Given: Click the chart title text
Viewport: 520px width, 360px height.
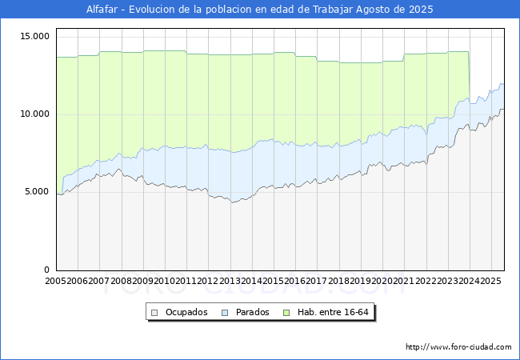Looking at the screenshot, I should (x=260, y=10).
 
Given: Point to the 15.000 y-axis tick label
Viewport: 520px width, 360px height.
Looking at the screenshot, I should (x=35, y=36).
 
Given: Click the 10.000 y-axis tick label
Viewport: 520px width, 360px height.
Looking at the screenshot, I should (x=35, y=114).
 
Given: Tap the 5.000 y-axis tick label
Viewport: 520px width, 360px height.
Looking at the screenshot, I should (x=38, y=192).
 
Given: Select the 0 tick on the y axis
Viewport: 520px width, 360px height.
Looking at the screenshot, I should (x=46, y=270).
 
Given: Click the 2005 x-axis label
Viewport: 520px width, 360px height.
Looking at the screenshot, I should (x=56, y=282).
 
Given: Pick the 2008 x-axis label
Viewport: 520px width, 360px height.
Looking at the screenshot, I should (x=122, y=282).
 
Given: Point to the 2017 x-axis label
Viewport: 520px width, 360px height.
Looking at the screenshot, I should (x=317, y=282).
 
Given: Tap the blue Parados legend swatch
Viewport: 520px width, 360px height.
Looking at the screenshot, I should (x=226, y=312).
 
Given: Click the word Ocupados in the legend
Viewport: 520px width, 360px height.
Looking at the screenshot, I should (x=186, y=312).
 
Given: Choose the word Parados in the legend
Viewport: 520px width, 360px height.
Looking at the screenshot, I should (x=253, y=312).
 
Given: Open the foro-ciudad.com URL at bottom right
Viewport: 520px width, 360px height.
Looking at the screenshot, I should (x=458, y=347).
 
